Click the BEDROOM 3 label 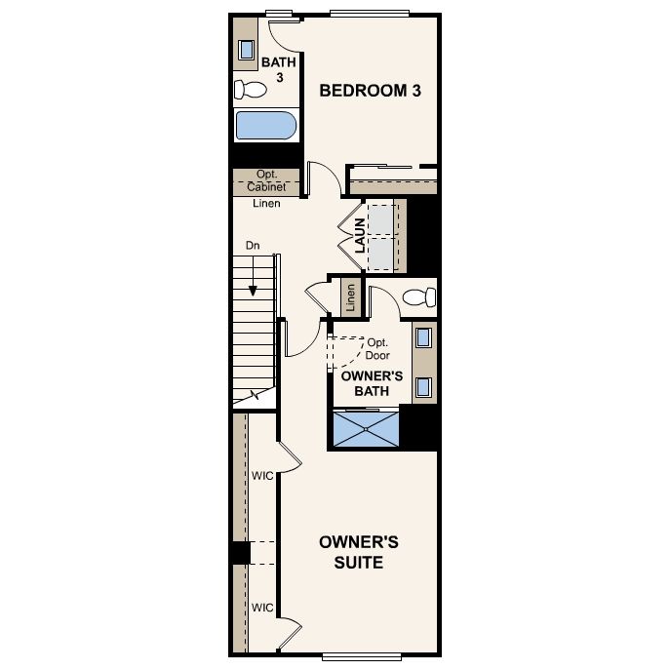coord(371,91)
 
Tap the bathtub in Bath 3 coord(265,127)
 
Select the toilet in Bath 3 coord(252,91)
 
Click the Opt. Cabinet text coord(266,180)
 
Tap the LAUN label coord(360,237)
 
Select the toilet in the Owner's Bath coord(418,296)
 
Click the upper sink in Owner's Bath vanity coord(424,339)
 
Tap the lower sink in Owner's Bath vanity coord(424,387)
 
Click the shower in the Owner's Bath coord(367,428)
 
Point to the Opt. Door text coord(377,349)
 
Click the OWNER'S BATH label coord(366,383)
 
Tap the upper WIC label coord(261,476)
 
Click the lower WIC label coord(261,607)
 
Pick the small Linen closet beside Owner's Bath coord(349,298)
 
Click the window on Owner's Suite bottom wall coord(361,653)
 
